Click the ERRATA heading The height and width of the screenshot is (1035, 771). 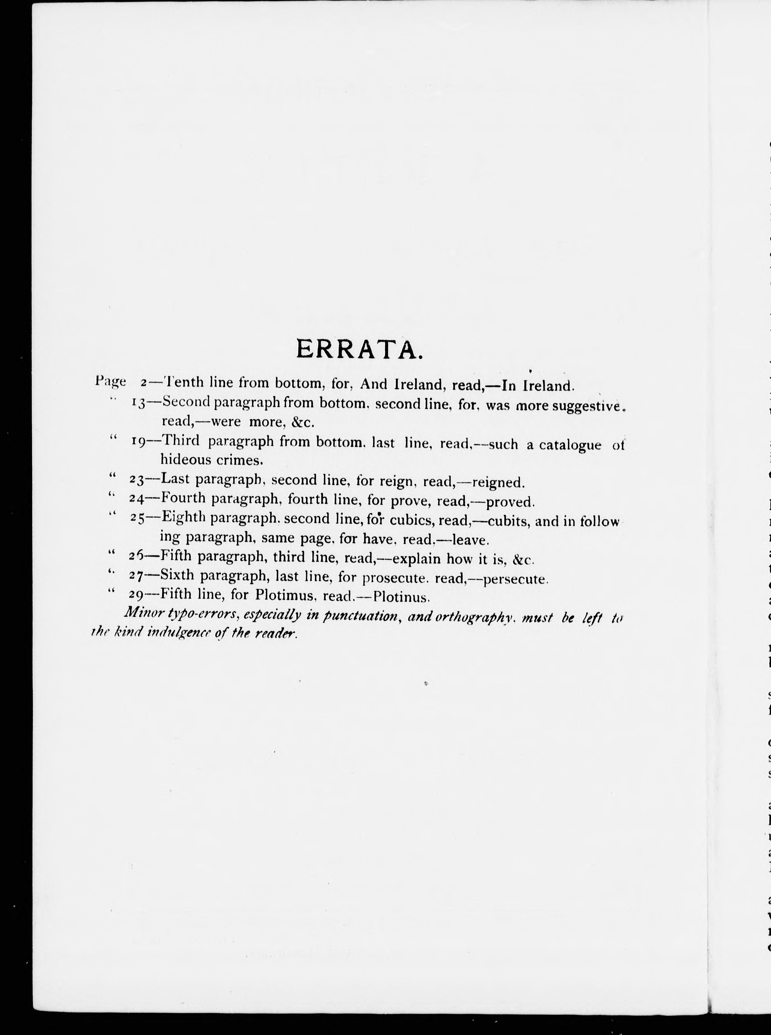click(x=359, y=349)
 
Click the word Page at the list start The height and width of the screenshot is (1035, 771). click(x=110, y=381)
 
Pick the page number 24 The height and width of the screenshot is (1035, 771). click(x=136, y=499)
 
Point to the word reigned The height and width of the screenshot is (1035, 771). click(x=499, y=482)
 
